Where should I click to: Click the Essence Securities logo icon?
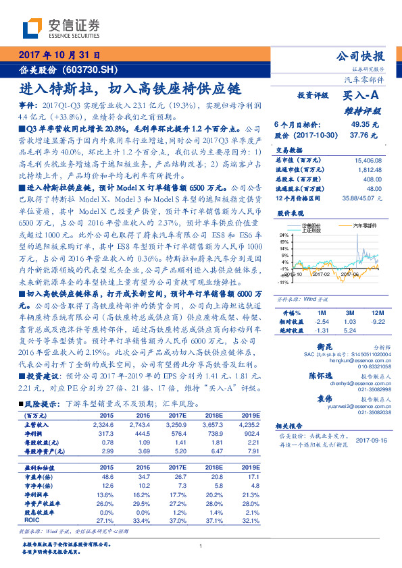(x=32, y=28)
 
